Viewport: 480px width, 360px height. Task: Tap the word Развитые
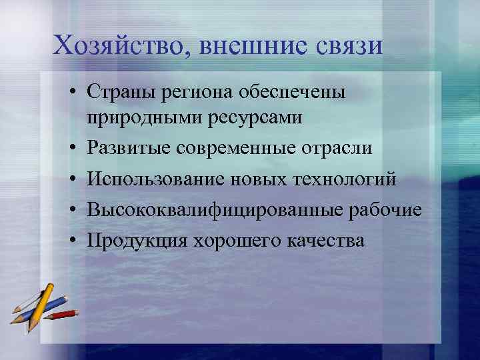tap(130, 149)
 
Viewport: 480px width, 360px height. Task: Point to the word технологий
tap(339, 179)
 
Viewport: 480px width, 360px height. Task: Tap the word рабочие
tap(387, 210)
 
